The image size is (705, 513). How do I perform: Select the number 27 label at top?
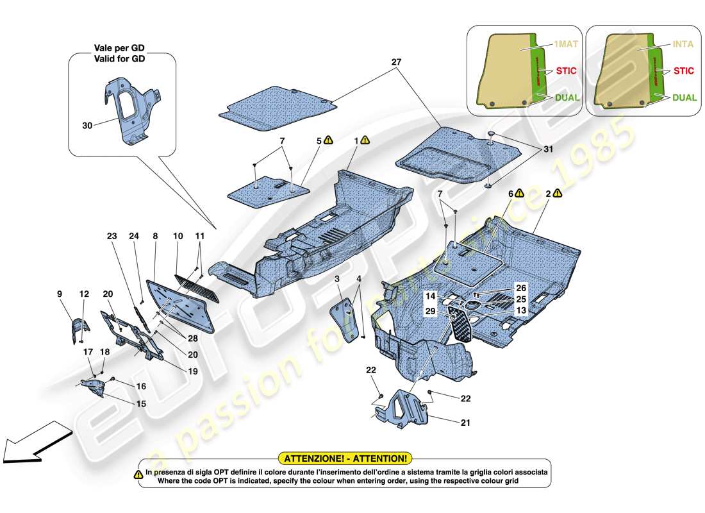(x=396, y=63)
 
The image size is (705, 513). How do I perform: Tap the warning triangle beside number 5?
(x=329, y=139)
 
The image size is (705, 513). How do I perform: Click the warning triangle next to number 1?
(x=365, y=139)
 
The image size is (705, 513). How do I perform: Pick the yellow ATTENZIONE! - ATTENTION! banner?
(x=345, y=458)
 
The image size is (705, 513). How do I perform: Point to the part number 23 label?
(x=112, y=235)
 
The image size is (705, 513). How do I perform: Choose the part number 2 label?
(x=549, y=192)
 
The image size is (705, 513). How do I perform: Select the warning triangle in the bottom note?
(x=138, y=474)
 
